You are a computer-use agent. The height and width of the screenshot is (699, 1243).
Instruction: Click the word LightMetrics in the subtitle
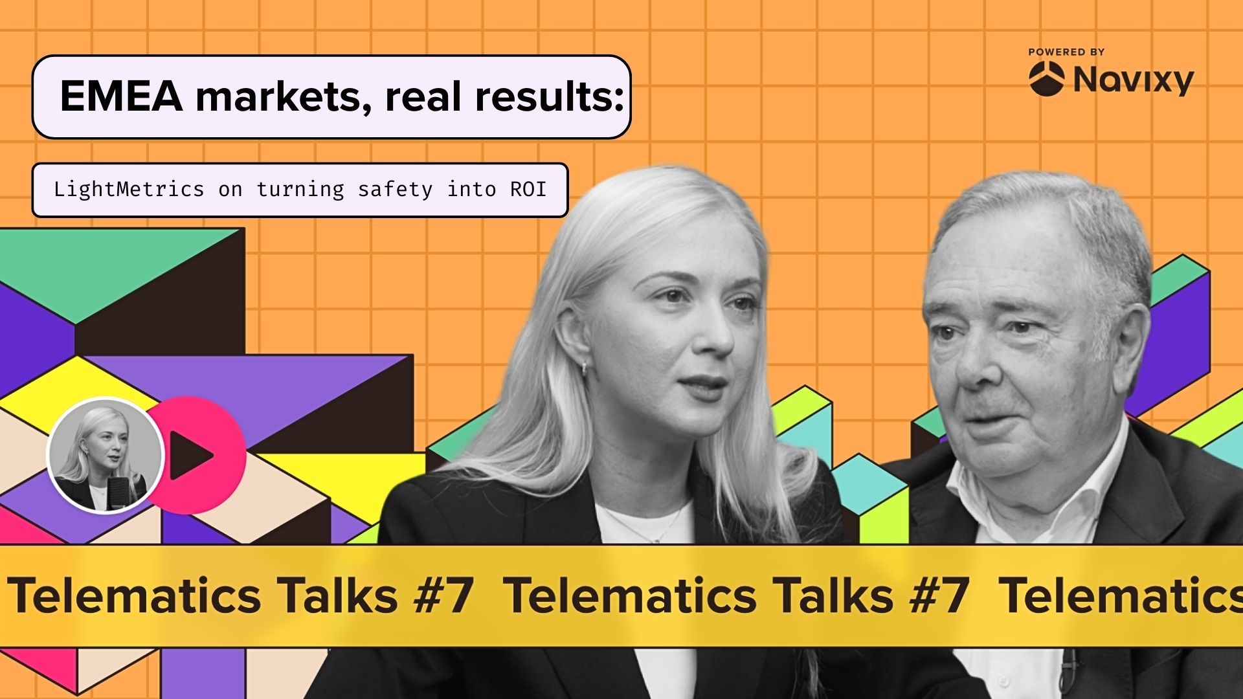tap(129, 190)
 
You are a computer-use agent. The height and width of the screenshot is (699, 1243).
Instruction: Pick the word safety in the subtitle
tap(395, 190)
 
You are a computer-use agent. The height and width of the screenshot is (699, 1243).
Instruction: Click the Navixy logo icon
tap(1046, 79)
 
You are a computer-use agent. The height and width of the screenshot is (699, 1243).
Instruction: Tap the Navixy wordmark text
tap(1134, 80)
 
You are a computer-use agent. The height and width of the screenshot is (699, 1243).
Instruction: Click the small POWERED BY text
tap(1066, 52)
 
